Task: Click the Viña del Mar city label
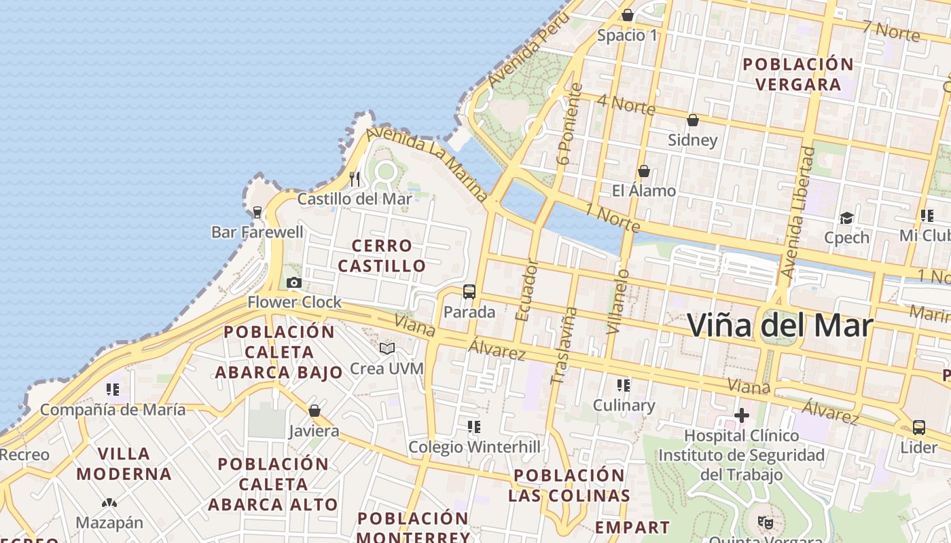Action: pyautogui.click(x=779, y=326)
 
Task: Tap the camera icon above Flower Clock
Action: pyautogui.click(x=293, y=282)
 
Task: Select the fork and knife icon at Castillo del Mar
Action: pyautogui.click(x=355, y=179)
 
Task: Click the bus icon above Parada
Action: pyautogui.click(x=469, y=292)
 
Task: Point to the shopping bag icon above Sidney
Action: pyautogui.click(x=692, y=120)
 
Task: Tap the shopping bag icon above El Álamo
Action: pyautogui.click(x=643, y=171)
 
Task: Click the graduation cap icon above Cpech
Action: pyautogui.click(x=846, y=218)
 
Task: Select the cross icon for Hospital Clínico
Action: pyautogui.click(x=741, y=415)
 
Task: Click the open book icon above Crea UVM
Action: pyautogui.click(x=387, y=348)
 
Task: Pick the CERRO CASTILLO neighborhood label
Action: pyautogui.click(x=382, y=255)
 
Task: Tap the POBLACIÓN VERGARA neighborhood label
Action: pyautogui.click(x=798, y=74)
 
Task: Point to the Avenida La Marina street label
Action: pyautogui.click(x=428, y=164)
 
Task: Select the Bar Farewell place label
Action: pyautogui.click(x=257, y=232)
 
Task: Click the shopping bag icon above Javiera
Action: pyautogui.click(x=314, y=411)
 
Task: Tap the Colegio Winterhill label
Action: pyautogui.click(x=474, y=447)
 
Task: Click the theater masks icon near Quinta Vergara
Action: pyautogui.click(x=766, y=522)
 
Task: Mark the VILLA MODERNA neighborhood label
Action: pyautogui.click(x=124, y=464)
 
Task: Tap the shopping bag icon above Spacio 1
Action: pyautogui.click(x=627, y=15)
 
